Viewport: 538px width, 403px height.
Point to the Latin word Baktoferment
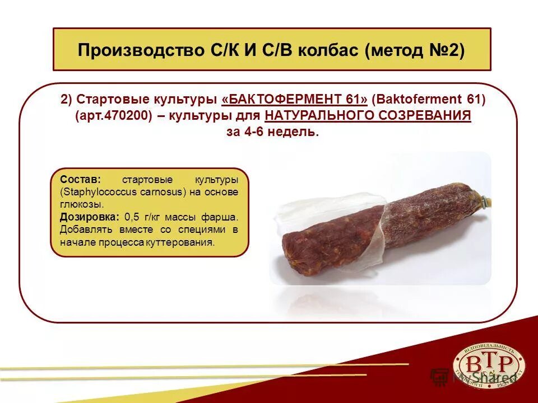coord(420,100)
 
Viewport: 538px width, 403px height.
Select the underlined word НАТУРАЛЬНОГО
coord(314,116)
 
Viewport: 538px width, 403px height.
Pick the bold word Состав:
coord(80,180)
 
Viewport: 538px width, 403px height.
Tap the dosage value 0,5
coord(132,217)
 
